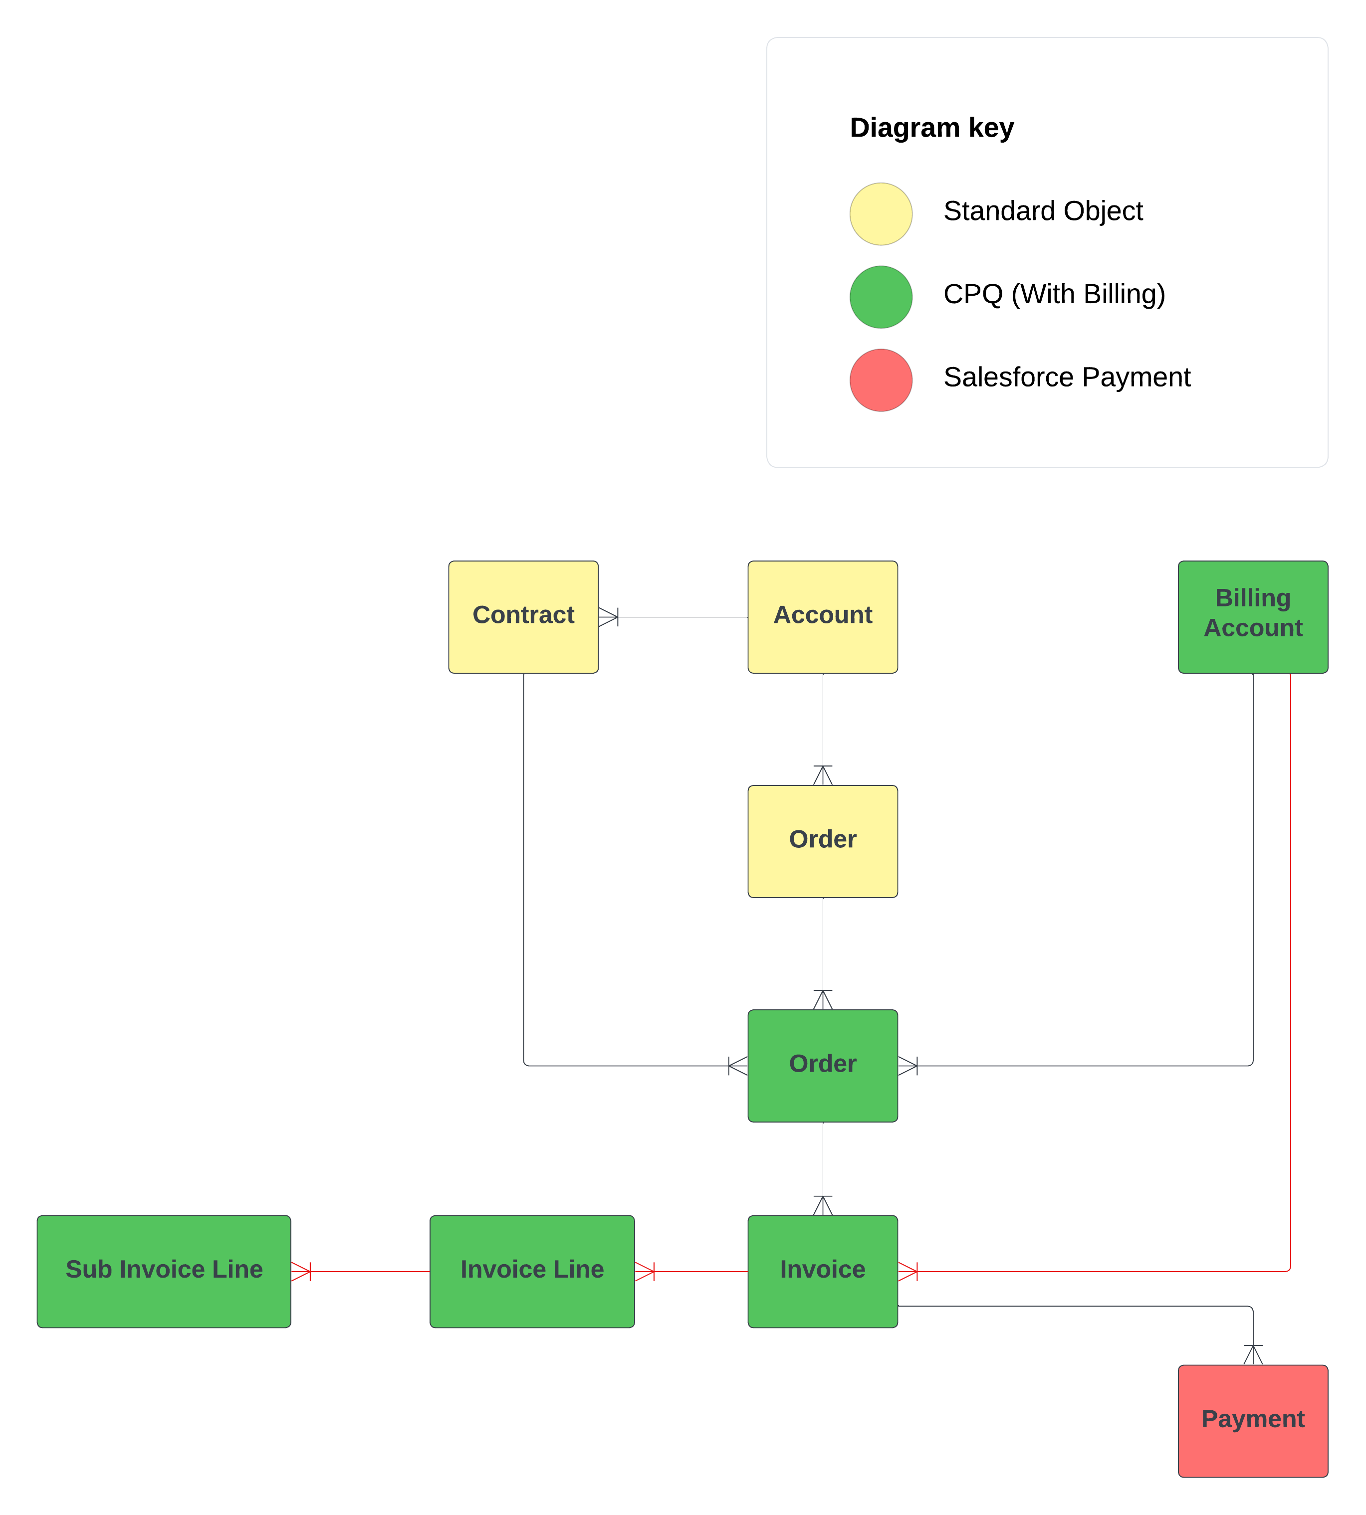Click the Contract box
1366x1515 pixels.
[x=523, y=617]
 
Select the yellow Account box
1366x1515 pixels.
[x=823, y=617]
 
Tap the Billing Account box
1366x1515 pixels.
[x=1253, y=617]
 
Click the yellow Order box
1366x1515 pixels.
[x=823, y=841]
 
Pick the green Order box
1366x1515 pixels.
[x=823, y=1066]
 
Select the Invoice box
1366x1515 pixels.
[x=823, y=1271]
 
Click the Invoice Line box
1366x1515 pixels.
[x=532, y=1271]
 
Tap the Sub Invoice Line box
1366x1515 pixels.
[x=164, y=1271]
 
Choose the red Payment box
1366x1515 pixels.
[x=1253, y=1420]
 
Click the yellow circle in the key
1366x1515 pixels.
[x=881, y=214]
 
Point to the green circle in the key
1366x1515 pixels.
[x=881, y=297]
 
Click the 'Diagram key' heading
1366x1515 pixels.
[x=931, y=128]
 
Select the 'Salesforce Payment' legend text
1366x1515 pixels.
[x=1067, y=377]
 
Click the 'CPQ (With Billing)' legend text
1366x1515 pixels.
[x=1054, y=293]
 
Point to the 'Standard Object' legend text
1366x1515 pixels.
[x=1043, y=211]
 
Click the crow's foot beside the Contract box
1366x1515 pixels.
[x=609, y=617]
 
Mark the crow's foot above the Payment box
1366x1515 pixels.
[x=1253, y=1354]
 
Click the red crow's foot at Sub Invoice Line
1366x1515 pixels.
[x=301, y=1271]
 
